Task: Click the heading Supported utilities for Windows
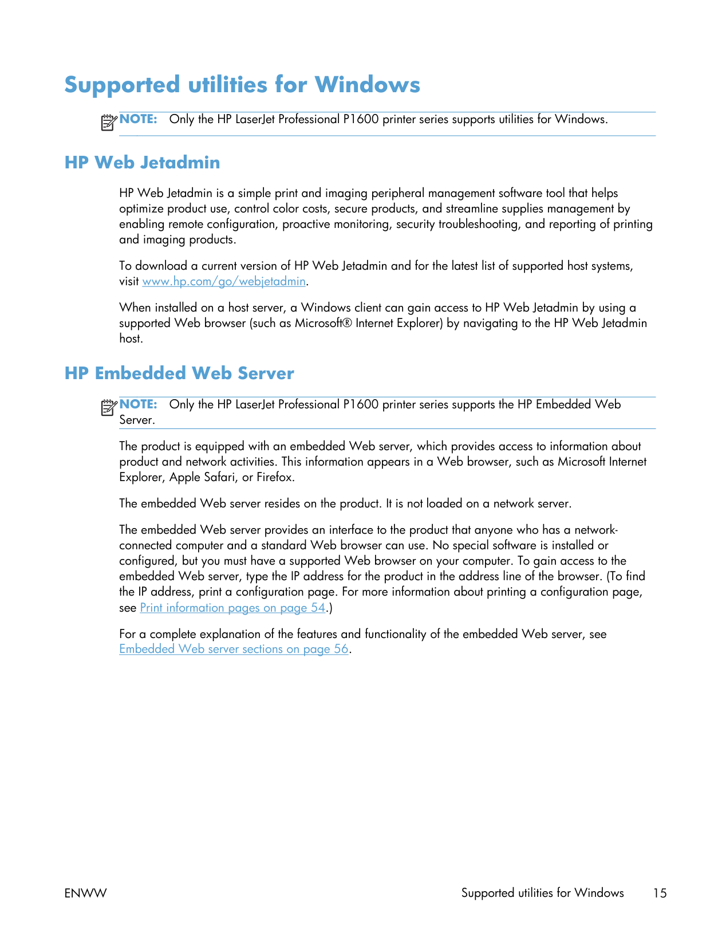pos(242,85)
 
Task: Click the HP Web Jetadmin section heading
pos(142,163)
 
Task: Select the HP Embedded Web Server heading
pos(179,373)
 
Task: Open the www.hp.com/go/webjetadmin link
pos(223,281)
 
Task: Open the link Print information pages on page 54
pos(232,608)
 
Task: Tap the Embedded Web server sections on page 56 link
pos(234,649)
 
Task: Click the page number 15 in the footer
pos(660,893)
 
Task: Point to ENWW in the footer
pos(85,893)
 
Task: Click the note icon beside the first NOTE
pos(108,122)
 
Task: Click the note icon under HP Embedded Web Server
pos(108,407)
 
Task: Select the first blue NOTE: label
pos(138,119)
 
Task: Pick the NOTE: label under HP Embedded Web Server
pos(138,404)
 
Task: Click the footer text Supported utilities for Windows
pos(542,893)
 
